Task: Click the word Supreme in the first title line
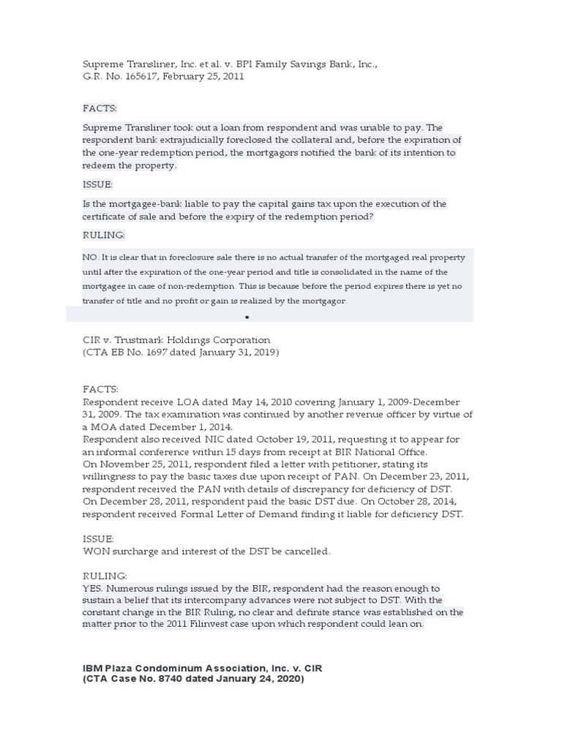103,64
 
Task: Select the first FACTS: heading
100,108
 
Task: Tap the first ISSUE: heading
98,185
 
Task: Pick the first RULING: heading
104,236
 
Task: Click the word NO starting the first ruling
90,257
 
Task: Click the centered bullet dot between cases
247,317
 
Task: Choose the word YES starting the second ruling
93,588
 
